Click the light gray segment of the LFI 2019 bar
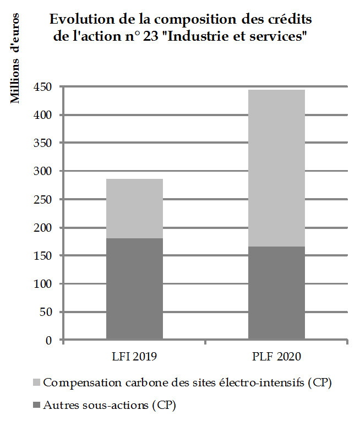tap(134, 208)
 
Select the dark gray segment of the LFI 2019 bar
tap(134, 289)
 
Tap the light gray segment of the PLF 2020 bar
tap(276, 168)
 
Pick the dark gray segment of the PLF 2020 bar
tap(276, 293)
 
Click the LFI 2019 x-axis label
tap(134, 357)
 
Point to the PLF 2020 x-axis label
tap(277, 357)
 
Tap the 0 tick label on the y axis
tap(49, 340)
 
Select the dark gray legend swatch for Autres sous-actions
tap(36, 406)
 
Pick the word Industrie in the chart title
tap(194, 39)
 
